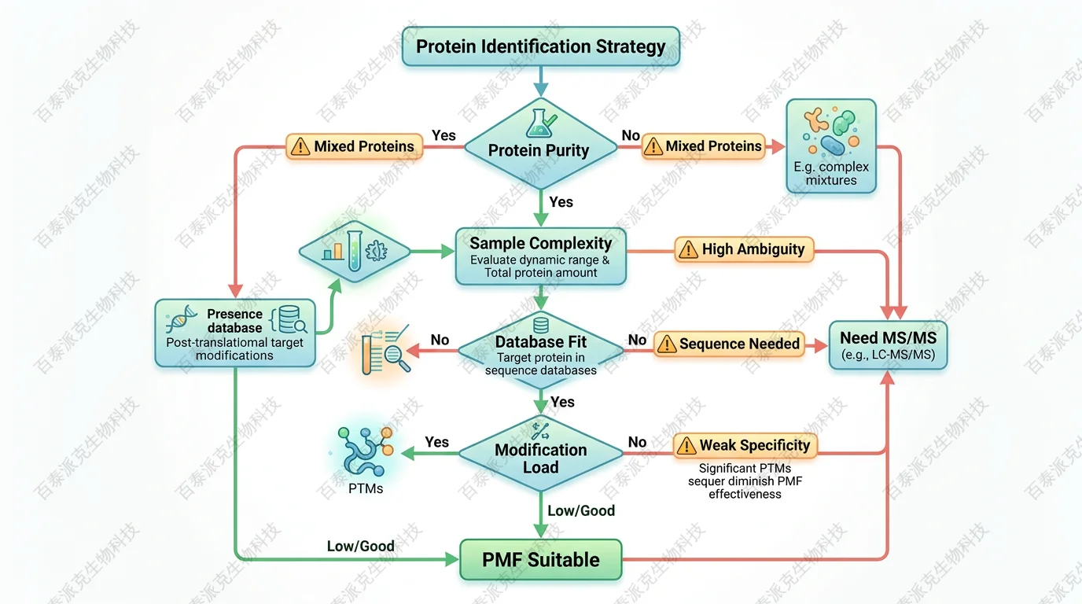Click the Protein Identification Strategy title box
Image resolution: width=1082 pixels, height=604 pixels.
(540, 46)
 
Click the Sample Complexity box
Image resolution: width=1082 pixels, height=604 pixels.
(541, 256)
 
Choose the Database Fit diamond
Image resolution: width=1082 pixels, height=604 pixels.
(541, 352)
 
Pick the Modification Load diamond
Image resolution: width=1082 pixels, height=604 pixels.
(541, 455)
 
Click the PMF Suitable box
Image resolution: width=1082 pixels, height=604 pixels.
(541, 560)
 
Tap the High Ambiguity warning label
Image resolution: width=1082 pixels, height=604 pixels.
(743, 249)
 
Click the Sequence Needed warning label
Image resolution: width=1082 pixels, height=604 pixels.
(729, 344)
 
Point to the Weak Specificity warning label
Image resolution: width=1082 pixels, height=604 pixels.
(744, 445)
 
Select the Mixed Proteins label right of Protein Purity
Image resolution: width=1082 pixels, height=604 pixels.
(703, 146)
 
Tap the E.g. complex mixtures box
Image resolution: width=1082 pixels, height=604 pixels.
(831, 146)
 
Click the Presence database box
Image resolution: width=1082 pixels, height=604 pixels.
(234, 333)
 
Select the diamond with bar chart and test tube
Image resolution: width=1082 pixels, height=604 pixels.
(355, 252)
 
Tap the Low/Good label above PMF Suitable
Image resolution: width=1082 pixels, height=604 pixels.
(580, 510)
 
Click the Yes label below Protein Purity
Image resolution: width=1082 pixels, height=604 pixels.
(561, 202)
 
